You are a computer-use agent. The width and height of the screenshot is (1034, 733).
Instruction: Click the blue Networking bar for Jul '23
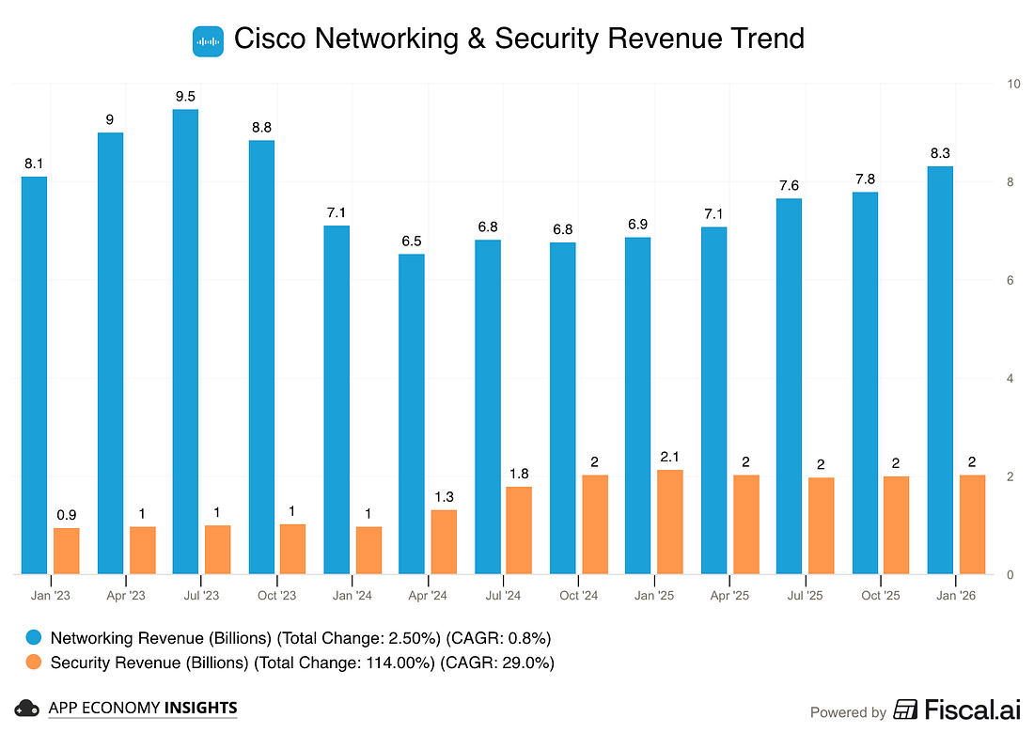coord(185,341)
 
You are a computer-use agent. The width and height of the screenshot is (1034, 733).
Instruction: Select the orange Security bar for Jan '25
coord(669,522)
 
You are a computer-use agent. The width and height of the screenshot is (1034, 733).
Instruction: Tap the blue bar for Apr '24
coord(412,413)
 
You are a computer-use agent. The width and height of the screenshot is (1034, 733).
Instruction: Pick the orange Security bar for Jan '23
coord(67,551)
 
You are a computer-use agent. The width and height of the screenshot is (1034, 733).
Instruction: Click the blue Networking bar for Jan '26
coord(940,370)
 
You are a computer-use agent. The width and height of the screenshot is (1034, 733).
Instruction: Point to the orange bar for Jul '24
coord(519,530)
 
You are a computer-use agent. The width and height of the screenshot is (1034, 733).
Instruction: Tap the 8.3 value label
coord(940,152)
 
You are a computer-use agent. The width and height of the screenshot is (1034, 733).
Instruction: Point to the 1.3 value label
coord(444,495)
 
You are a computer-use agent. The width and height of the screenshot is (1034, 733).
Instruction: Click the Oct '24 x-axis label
coord(578,595)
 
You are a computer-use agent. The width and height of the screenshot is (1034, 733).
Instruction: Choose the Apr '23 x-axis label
coord(126,595)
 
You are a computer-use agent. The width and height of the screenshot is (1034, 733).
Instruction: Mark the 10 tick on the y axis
coord(1013,84)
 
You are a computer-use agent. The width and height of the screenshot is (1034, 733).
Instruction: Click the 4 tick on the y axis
coord(1010,379)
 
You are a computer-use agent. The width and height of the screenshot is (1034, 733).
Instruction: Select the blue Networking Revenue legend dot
coord(33,638)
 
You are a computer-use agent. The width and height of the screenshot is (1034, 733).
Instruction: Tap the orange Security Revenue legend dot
coord(33,663)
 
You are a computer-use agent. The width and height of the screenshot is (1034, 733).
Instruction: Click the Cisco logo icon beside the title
coord(208,40)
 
